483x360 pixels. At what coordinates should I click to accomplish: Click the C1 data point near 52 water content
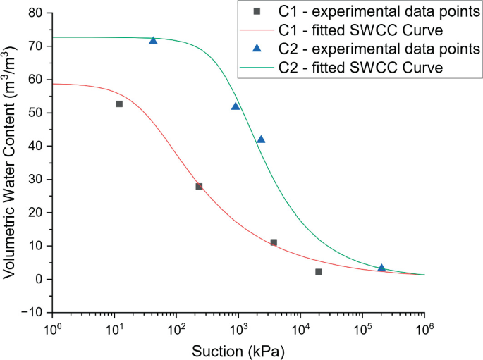(x=119, y=104)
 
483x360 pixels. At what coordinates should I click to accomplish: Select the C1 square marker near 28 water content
(x=199, y=187)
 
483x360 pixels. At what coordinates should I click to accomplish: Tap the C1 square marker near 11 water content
(x=274, y=242)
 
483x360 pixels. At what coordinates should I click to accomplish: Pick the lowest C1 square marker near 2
(x=319, y=272)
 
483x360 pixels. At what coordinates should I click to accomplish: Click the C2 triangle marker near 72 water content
(x=153, y=40)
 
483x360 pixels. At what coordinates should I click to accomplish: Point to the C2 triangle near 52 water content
(x=236, y=106)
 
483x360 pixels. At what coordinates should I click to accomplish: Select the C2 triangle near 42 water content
(x=261, y=139)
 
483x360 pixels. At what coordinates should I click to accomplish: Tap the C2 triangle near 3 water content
(x=381, y=268)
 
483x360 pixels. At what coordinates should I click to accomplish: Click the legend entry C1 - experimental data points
(x=366, y=11)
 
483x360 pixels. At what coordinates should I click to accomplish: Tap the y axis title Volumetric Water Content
(x=10, y=162)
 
